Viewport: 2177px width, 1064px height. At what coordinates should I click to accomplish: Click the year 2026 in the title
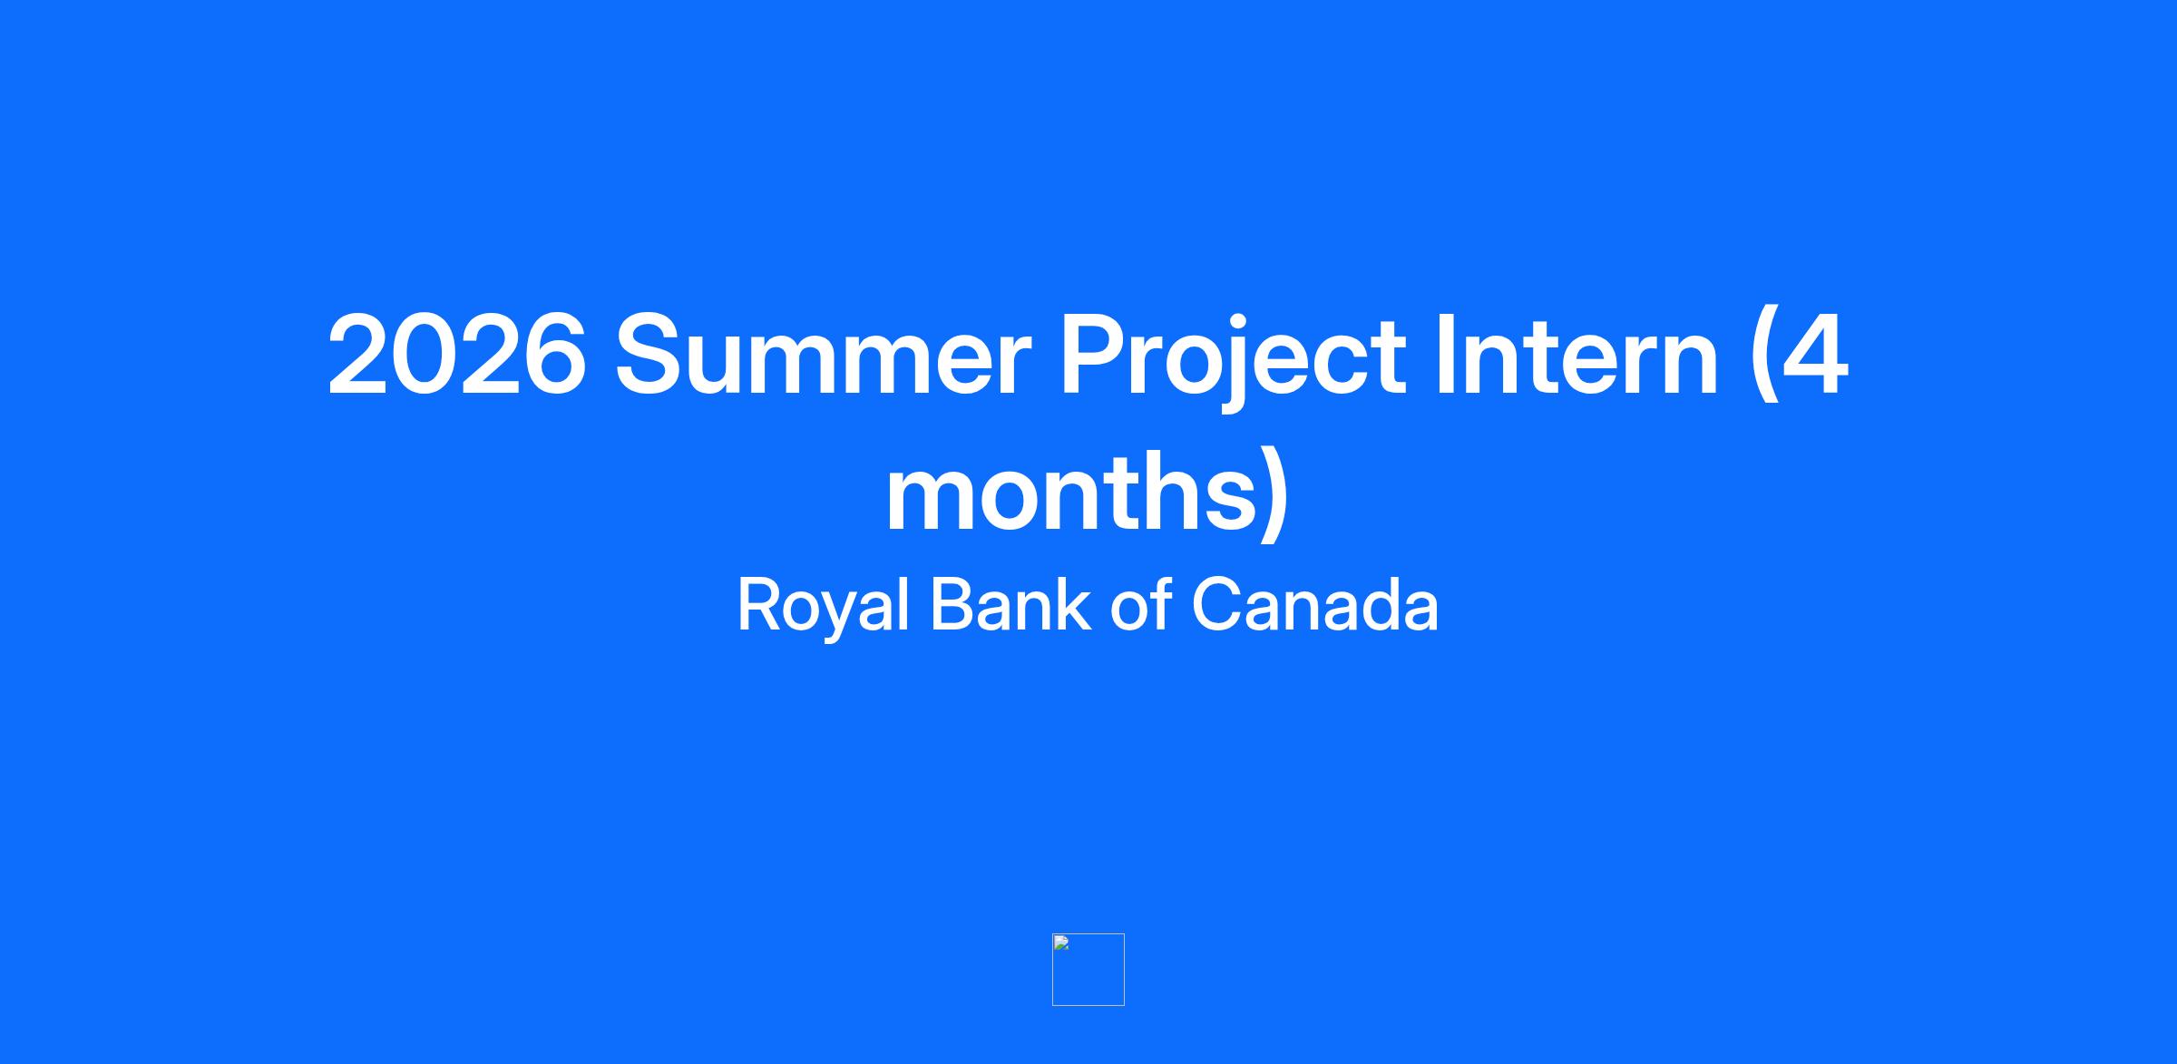click(x=456, y=355)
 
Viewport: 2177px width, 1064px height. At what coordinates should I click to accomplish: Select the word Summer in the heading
click(x=824, y=355)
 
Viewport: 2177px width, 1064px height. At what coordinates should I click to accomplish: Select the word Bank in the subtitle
click(x=1010, y=604)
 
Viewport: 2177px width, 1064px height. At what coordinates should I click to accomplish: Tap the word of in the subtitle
click(x=1140, y=604)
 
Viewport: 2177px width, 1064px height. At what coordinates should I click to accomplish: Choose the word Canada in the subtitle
click(x=1314, y=604)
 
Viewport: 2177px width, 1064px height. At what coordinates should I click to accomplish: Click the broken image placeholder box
click(x=1088, y=969)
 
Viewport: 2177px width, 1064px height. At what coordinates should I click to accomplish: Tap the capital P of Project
click(x=1096, y=355)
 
